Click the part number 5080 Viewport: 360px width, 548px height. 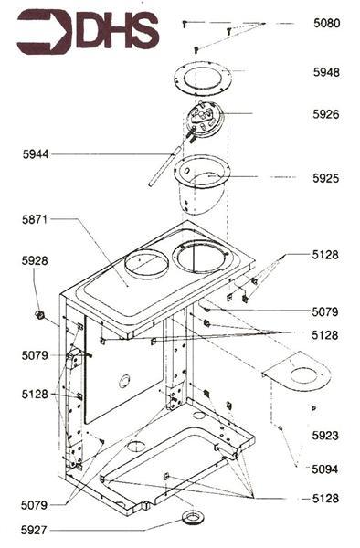tap(325, 23)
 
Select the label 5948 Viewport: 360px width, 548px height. tap(325, 72)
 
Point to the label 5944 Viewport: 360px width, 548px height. tap(36, 155)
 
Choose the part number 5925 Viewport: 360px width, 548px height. tap(325, 177)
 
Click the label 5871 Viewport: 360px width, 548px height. tap(36, 219)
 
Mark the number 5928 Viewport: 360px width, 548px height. tap(36, 260)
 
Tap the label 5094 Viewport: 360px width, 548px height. tap(325, 469)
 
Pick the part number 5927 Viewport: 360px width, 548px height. tap(36, 529)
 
